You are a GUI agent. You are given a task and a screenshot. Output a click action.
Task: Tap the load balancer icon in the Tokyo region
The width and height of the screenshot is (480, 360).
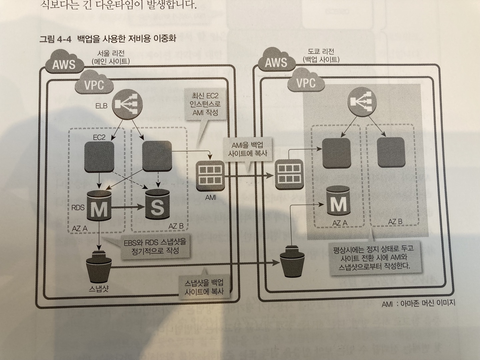(362, 103)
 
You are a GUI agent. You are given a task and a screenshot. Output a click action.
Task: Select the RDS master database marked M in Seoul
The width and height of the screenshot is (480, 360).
(99, 206)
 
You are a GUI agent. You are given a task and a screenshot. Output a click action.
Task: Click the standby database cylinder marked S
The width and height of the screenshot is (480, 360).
(157, 204)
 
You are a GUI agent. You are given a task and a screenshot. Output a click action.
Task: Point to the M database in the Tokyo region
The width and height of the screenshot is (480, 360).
(338, 201)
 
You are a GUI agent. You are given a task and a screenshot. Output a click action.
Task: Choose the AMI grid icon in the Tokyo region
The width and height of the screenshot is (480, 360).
(289, 174)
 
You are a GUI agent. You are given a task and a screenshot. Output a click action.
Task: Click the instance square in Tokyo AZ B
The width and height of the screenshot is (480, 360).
(391, 153)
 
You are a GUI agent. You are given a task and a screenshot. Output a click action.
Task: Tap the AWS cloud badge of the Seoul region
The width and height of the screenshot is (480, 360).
(64, 63)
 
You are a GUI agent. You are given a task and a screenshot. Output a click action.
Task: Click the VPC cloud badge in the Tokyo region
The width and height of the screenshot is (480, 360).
(306, 82)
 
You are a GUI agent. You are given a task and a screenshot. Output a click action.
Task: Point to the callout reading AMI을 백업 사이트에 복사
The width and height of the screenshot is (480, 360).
(247, 149)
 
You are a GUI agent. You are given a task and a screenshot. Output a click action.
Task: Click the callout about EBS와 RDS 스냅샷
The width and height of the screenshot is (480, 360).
(155, 246)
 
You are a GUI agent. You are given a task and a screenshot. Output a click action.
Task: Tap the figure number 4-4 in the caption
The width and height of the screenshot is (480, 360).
(64, 39)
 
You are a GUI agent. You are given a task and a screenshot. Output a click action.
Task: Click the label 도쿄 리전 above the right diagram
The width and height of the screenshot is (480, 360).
(321, 52)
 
